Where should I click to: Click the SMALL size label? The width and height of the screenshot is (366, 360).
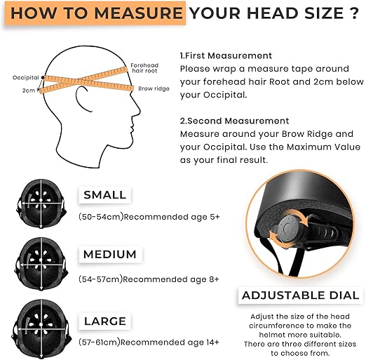[x=104, y=195]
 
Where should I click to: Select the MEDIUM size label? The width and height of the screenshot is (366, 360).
[x=110, y=254]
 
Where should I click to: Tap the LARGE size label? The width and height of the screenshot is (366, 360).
[x=105, y=321]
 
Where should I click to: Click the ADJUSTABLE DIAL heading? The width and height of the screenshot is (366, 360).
[x=301, y=295]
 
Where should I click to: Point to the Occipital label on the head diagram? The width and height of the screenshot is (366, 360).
[x=26, y=78]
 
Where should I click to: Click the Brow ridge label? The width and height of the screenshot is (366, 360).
[x=154, y=88]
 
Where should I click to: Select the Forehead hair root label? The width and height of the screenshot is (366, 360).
[x=144, y=68]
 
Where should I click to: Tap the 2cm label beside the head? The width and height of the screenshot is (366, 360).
[x=29, y=91]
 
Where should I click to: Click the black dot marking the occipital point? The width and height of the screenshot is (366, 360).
[x=43, y=77]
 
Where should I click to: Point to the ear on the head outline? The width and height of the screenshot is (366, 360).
[x=82, y=98]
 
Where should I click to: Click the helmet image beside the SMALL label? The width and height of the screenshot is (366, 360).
[x=41, y=204]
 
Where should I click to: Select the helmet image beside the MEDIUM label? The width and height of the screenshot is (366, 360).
[x=41, y=264]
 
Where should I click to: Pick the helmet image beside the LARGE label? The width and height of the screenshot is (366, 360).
[x=41, y=326]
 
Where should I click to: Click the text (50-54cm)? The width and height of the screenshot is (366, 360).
[x=101, y=217]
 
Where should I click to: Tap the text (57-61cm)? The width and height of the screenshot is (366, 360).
[x=100, y=342]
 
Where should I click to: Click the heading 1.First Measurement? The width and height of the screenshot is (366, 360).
[x=226, y=55]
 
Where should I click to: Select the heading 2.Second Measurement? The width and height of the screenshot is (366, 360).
[x=234, y=121]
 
